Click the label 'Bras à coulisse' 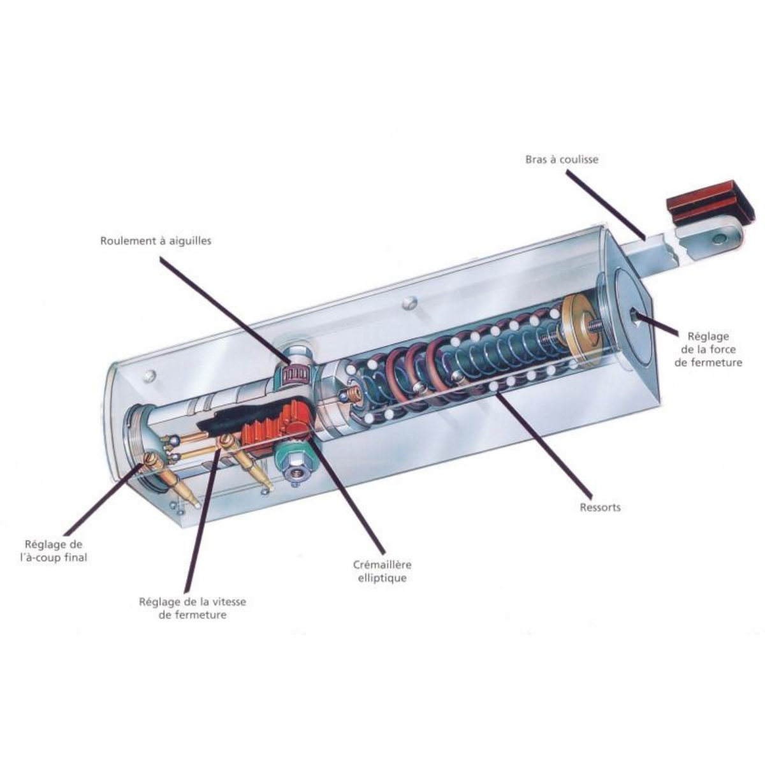click(x=562, y=159)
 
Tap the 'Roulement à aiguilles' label click(x=156, y=241)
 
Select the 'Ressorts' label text click(x=600, y=507)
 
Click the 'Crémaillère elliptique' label click(x=382, y=571)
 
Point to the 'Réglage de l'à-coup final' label click(x=54, y=551)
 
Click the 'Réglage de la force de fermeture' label click(x=708, y=349)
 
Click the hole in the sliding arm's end click(x=718, y=238)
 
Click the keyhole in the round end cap click(x=634, y=317)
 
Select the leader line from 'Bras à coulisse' click(x=607, y=205)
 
